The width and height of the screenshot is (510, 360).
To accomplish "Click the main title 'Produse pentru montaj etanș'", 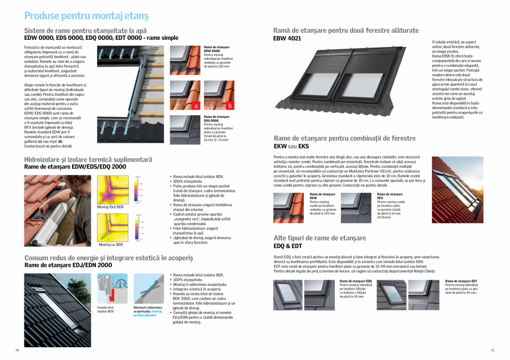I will [86, 16].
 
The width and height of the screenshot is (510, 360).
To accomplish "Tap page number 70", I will [17, 350].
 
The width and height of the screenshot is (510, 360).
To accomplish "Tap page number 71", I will [492, 350].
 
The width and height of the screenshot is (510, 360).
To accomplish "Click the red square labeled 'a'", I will [195, 105].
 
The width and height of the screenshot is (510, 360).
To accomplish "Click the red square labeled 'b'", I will [229, 105].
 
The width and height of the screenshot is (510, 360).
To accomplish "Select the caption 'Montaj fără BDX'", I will [110, 207].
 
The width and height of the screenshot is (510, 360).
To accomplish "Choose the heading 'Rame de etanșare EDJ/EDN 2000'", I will [68, 265].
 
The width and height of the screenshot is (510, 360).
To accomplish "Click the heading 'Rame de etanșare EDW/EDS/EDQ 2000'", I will [75, 167].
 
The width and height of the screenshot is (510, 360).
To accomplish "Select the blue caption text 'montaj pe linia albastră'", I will [149, 313].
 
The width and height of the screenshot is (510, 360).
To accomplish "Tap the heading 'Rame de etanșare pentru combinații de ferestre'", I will [344, 138].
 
